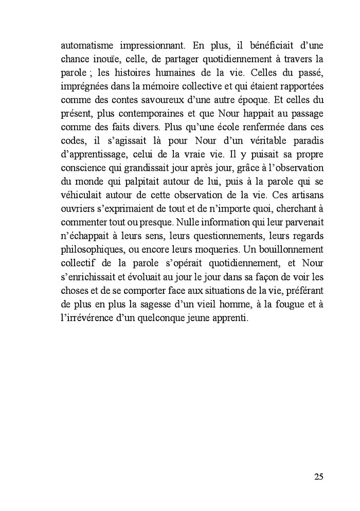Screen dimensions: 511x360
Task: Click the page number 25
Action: [x=318, y=476]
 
